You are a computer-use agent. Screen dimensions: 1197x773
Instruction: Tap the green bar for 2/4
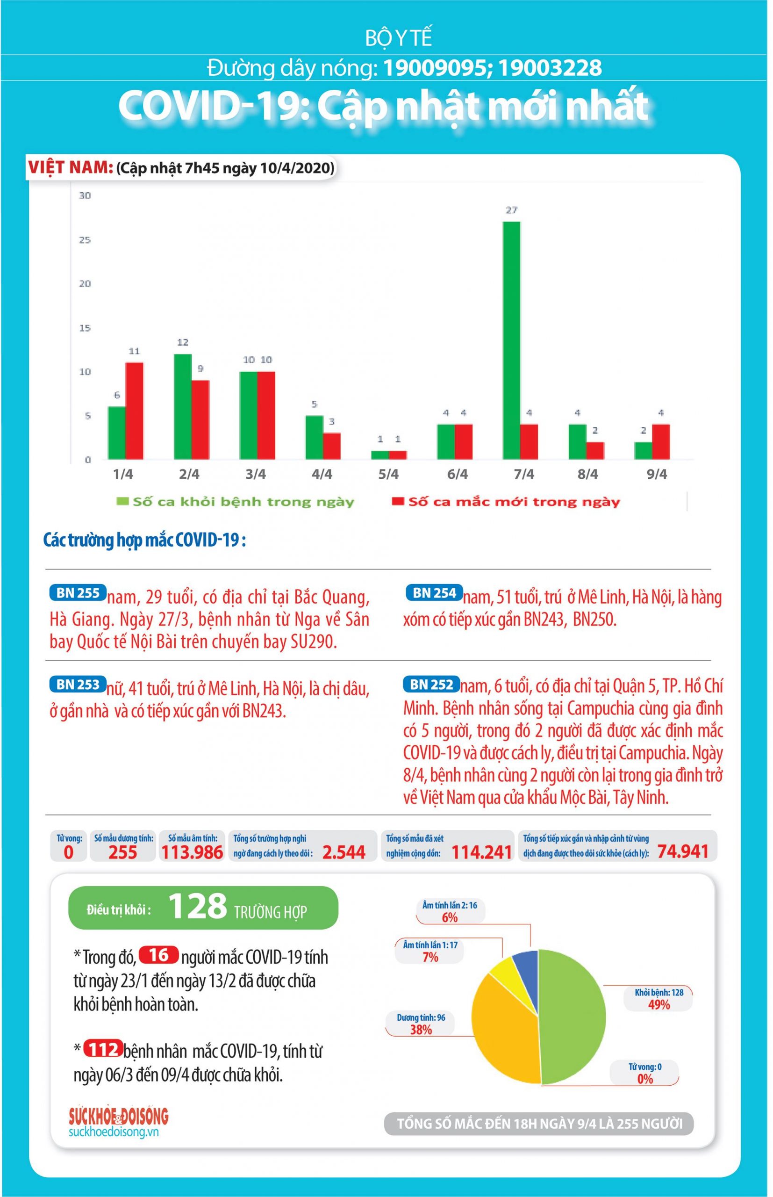click(x=182, y=406)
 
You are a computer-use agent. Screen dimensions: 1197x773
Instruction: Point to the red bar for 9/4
click(x=660, y=441)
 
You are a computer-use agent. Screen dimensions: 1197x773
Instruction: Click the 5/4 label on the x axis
click(x=388, y=474)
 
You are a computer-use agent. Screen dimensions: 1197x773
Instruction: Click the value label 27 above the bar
click(x=511, y=210)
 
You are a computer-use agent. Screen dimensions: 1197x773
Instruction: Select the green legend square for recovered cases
click(x=122, y=501)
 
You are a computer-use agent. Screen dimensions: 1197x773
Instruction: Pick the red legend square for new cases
click(x=398, y=501)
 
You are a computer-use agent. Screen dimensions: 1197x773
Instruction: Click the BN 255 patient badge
click(x=78, y=592)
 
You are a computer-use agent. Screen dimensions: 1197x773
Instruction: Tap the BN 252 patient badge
click(x=431, y=684)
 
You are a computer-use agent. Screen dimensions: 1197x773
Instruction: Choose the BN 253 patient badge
click(x=78, y=684)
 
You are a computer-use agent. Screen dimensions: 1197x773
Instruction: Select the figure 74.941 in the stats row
click(x=683, y=851)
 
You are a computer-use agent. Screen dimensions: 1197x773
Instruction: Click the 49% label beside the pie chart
click(x=658, y=1005)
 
